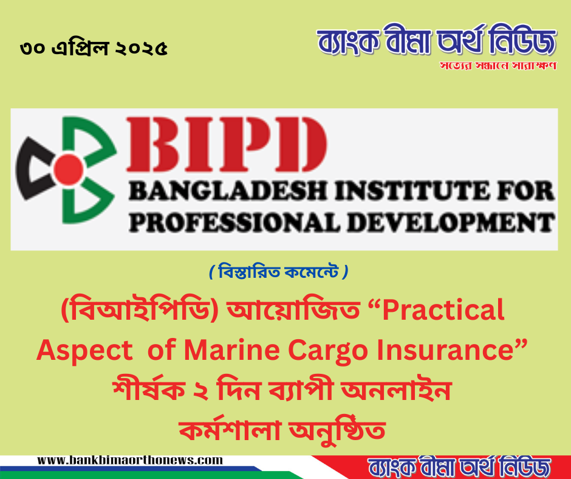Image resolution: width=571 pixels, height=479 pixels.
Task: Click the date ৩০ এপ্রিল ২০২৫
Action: point(94,49)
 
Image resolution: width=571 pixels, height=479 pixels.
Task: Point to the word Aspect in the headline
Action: point(79,351)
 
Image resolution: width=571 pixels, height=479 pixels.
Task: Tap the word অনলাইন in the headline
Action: point(401,390)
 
